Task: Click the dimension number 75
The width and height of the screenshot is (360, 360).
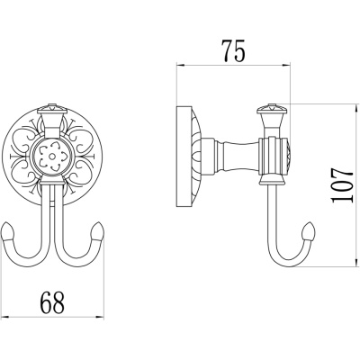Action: click(233, 50)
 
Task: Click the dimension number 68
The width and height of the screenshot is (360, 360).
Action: click(52, 302)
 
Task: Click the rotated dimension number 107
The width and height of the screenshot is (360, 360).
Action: click(342, 185)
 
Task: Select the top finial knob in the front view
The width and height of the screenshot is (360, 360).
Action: click(53, 109)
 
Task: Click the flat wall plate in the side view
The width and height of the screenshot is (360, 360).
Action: click(184, 157)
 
